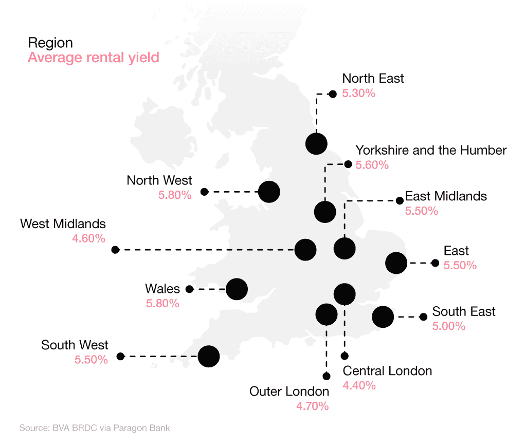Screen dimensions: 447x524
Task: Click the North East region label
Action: click(x=373, y=79)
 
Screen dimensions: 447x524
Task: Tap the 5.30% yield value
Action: click(x=359, y=94)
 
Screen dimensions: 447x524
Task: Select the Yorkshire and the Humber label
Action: click(x=431, y=151)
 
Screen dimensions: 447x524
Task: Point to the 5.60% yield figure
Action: click(x=372, y=165)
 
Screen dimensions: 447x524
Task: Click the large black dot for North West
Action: click(x=269, y=192)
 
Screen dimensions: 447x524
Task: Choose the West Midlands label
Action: click(x=63, y=224)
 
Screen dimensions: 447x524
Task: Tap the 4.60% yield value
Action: click(x=89, y=238)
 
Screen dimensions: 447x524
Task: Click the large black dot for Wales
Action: click(x=237, y=289)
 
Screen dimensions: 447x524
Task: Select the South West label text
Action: click(x=75, y=345)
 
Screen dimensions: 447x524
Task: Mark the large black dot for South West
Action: click(x=209, y=356)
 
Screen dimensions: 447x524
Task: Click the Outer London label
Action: click(x=289, y=392)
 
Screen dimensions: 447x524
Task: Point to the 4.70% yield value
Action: click(x=312, y=406)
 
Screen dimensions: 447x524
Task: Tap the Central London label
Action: click(x=387, y=370)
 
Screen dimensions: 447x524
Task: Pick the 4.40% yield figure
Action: click(x=359, y=385)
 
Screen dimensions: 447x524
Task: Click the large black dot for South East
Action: click(x=383, y=316)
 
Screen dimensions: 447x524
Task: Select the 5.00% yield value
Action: click(x=449, y=326)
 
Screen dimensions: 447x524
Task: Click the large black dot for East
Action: click(x=396, y=263)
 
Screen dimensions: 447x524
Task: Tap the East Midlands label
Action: click(x=446, y=196)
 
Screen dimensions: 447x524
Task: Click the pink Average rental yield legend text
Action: click(x=93, y=58)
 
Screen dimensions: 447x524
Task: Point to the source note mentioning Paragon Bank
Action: click(x=94, y=427)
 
